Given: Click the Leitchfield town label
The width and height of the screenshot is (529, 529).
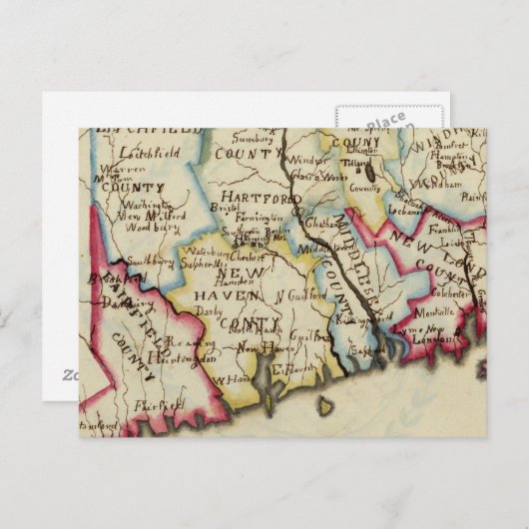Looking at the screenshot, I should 147,154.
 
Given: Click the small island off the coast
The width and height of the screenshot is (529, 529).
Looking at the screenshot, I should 323,405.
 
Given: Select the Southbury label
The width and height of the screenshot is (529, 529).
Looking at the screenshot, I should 153,264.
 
